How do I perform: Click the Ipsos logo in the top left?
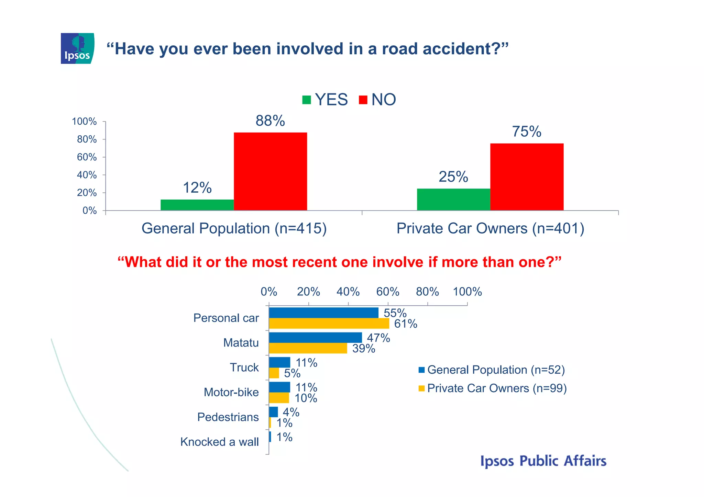(77, 48)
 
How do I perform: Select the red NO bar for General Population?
(270, 171)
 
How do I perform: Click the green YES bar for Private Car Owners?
(453, 199)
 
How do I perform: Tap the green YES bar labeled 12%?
(197, 205)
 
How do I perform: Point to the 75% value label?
(526, 132)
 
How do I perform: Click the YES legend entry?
(325, 100)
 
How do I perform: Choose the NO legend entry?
(377, 100)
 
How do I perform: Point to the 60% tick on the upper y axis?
(87, 157)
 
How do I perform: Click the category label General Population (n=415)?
(234, 228)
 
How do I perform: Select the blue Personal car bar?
(323, 313)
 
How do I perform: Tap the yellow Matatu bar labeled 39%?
(308, 348)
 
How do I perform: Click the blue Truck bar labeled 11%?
(279, 362)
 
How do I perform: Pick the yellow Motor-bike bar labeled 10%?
(279, 398)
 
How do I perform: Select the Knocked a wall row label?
(219, 442)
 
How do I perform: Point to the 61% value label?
(406, 324)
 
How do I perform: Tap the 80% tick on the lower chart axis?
(427, 292)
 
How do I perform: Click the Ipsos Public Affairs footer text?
(543, 461)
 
